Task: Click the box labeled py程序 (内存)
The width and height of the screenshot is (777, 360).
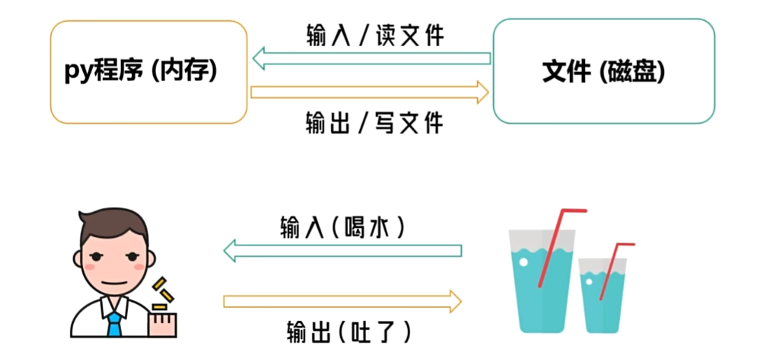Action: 148,72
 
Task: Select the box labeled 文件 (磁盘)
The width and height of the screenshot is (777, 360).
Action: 604,72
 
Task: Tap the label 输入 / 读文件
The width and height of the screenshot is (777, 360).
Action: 375,35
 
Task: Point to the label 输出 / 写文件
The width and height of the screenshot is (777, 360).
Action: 375,123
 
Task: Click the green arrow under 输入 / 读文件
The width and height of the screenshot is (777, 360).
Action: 371,59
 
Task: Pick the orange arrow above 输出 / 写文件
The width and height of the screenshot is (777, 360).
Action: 371,92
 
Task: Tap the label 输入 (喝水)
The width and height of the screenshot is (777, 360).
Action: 342,228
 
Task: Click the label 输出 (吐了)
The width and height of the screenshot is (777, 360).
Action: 348,331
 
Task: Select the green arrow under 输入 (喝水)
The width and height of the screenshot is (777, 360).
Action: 342,250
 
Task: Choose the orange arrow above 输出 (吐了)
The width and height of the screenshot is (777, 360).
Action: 342,301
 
